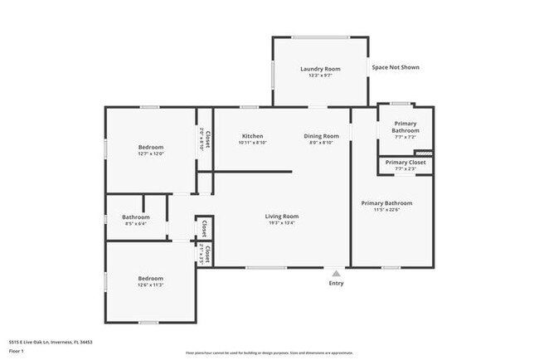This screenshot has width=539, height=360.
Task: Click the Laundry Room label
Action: coord(320,69)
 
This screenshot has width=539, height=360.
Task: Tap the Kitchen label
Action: coord(252,136)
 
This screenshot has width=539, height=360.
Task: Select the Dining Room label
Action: coord(320,136)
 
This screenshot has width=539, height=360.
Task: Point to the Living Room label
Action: coord(282,216)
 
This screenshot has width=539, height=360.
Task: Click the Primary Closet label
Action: coord(405,163)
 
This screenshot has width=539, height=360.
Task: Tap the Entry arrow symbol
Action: coord(335,272)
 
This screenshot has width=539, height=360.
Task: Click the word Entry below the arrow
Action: coord(335,283)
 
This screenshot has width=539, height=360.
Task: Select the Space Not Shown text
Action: coord(396,67)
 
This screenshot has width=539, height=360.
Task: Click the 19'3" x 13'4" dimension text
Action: coord(282,223)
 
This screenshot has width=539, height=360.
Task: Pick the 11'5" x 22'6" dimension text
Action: coord(386,210)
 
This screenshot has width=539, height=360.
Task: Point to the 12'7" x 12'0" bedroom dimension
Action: coord(151,153)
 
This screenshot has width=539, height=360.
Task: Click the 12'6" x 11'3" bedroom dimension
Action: coord(150,285)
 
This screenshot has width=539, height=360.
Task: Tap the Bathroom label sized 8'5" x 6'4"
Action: coord(135,217)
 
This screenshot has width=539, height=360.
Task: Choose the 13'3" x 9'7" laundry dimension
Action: coord(320,75)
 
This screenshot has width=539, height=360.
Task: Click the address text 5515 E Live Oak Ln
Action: coord(51,342)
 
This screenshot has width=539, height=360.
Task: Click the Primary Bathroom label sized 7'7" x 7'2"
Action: coord(405,127)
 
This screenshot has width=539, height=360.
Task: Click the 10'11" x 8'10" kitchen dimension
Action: coord(252,143)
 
